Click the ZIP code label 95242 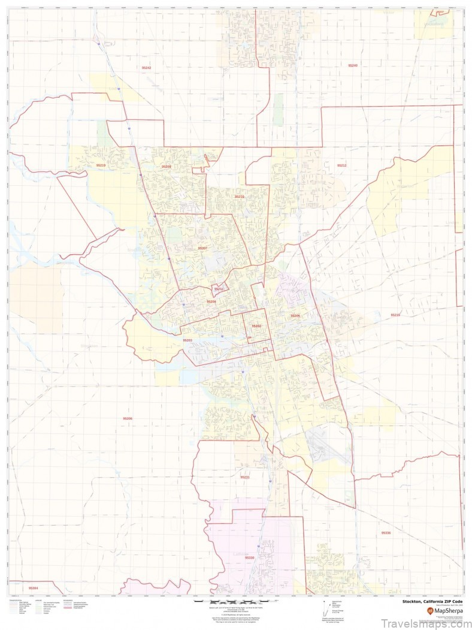(x=147, y=68)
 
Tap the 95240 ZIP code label (x=352, y=65)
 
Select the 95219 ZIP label (x=101, y=165)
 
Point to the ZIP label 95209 (x=166, y=166)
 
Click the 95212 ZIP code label (x=341, y=165)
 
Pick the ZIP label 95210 (x=239, y=196)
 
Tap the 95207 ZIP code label (x=202, y=248)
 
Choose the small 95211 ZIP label (x=219, y=289)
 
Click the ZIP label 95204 (x=211, y=302)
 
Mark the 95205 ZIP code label (x=295, y=315)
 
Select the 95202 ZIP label (x=256, y=326)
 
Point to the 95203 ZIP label (x=187, y=340)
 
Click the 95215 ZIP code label (x=395, y=315)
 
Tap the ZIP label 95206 (x=127, y=418)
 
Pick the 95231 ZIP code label (x=244, y=477)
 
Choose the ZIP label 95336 (x=386, y=532)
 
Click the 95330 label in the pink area (x=249, y=557)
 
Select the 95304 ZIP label (x=33, y=589)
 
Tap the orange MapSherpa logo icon (x=430, y=611)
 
